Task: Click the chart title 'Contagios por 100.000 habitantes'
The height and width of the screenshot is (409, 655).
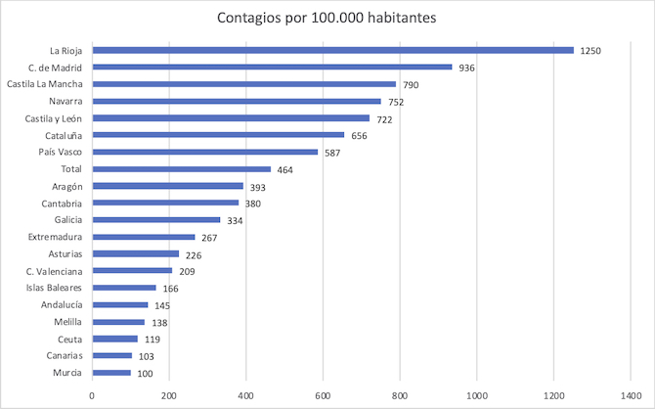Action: (x=327, y=18)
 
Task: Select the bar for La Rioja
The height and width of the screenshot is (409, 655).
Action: (x=332, y=50)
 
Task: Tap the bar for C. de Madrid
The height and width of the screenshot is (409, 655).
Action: (x=272, y=68)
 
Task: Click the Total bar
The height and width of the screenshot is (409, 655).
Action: (x=181, y=169)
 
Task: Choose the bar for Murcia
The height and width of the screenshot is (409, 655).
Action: (x=111, y=373)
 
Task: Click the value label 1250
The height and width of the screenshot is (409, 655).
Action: (x=591, y=50)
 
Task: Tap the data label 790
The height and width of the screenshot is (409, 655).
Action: (x=411, y=85)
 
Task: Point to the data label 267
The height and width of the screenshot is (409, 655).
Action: (x=209, y=237)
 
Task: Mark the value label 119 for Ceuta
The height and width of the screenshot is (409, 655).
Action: (x=153, y=339)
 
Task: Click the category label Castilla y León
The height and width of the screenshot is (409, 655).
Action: (x=53, y=118)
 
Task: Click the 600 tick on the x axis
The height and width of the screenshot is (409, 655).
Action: (x=323, y=395)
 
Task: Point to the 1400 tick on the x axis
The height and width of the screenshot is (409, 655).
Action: (x=630, y=395)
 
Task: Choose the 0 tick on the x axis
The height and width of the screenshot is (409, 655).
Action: (x=92, y=395)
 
